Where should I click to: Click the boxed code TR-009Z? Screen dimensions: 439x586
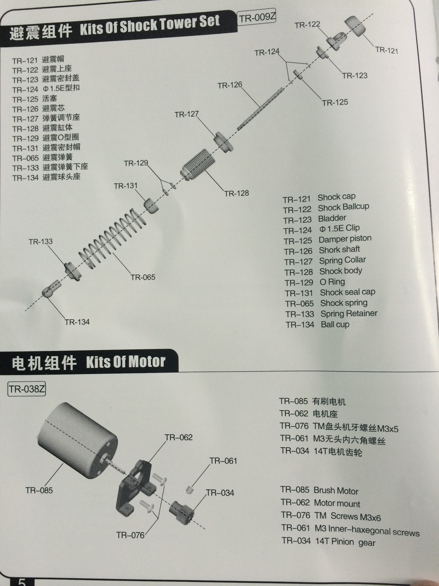point(257,18)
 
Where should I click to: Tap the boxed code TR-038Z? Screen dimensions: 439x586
point(27,389)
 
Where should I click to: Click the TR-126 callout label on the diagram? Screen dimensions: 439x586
point(230,85)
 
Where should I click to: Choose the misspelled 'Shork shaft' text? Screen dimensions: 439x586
point(339,250)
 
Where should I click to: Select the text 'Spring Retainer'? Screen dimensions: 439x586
point(349,314)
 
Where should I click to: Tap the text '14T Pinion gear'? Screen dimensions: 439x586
point(345,542)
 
